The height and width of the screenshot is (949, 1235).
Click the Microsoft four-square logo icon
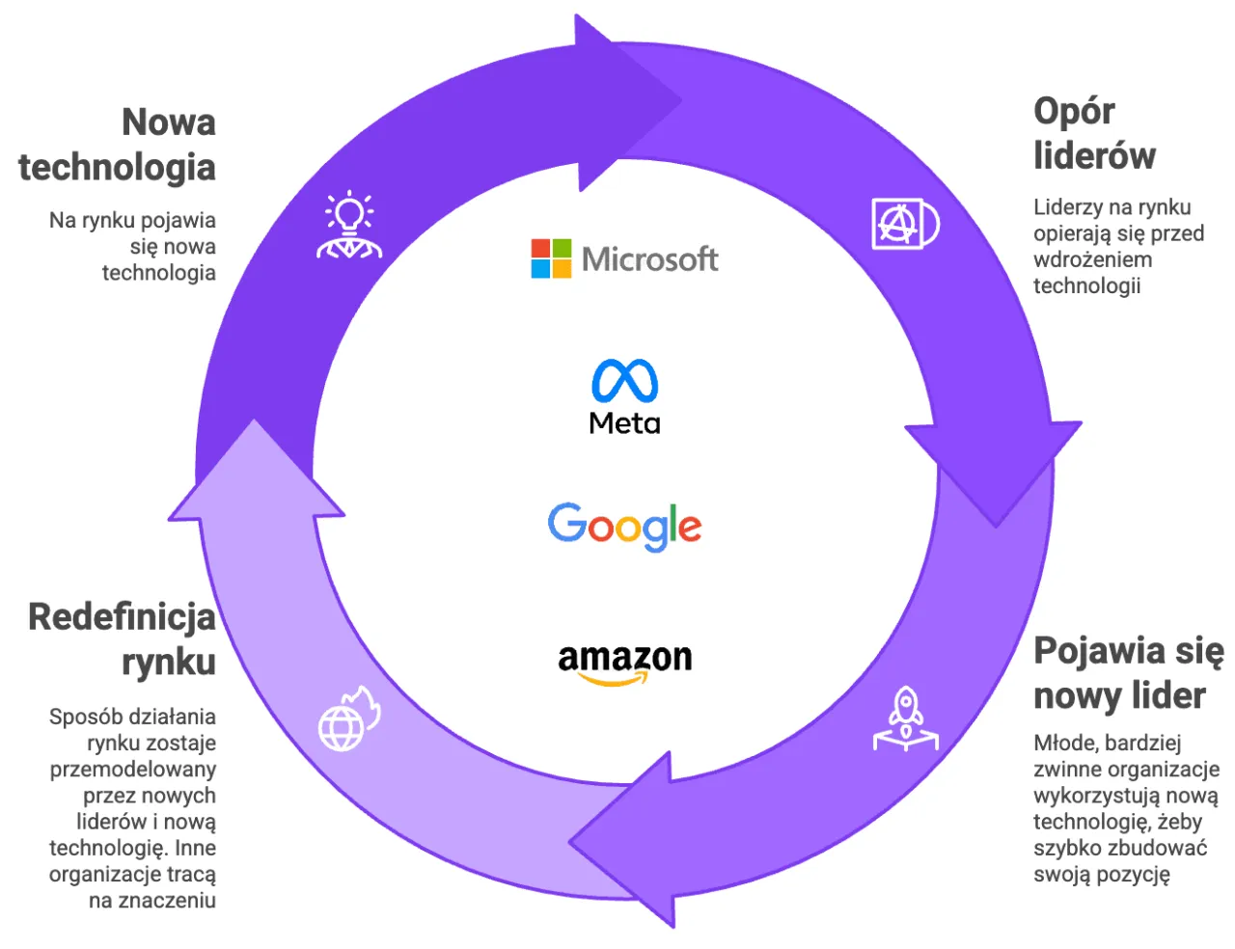tap(551, 258)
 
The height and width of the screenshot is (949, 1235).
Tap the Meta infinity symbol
tap(625, 380)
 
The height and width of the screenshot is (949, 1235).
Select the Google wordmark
tap(624, 526)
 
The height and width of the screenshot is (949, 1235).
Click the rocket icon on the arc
tap(906, 719)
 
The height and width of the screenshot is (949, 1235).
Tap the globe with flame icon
tap(348, 719)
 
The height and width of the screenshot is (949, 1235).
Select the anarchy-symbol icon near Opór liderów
tap(904, 224)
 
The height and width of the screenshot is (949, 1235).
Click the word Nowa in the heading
tap(168, 122)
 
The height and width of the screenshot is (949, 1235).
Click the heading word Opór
tap(1074, 112)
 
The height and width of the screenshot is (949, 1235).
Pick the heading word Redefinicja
tap(122, 617)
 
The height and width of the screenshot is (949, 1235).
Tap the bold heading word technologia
tap(117, 167)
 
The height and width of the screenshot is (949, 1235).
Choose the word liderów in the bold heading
tap(1094, 155)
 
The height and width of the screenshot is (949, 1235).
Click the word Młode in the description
tap(1064, 743)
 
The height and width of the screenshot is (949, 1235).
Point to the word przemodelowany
tap(133, 770)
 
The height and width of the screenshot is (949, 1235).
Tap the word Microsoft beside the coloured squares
tap(649, 258)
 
